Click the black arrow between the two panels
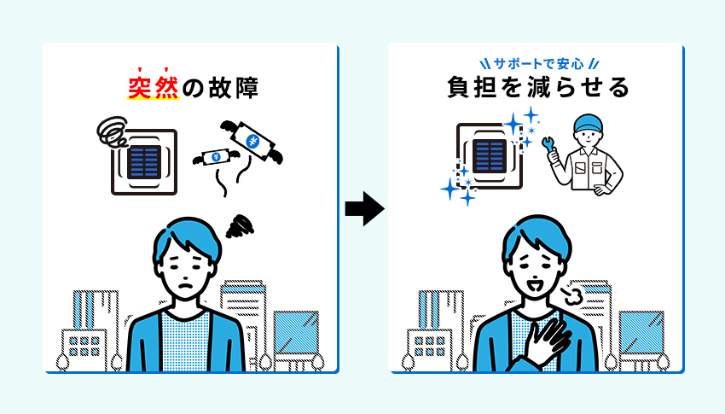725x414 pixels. click(364, 208)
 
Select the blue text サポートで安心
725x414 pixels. click(536, 63)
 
